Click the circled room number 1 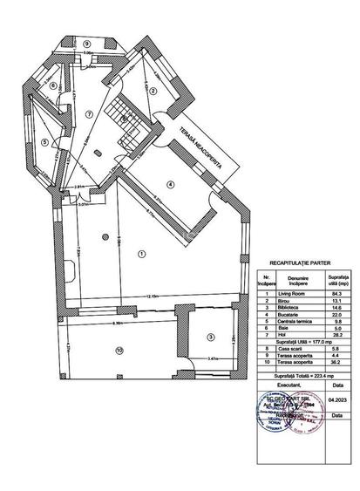coord(140,254)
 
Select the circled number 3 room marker coord(210,337)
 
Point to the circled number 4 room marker coord(171,184)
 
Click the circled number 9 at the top coord(87,43)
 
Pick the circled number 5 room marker coord(44,142)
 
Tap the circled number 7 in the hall coord(87,114)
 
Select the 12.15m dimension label coord(152,297)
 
